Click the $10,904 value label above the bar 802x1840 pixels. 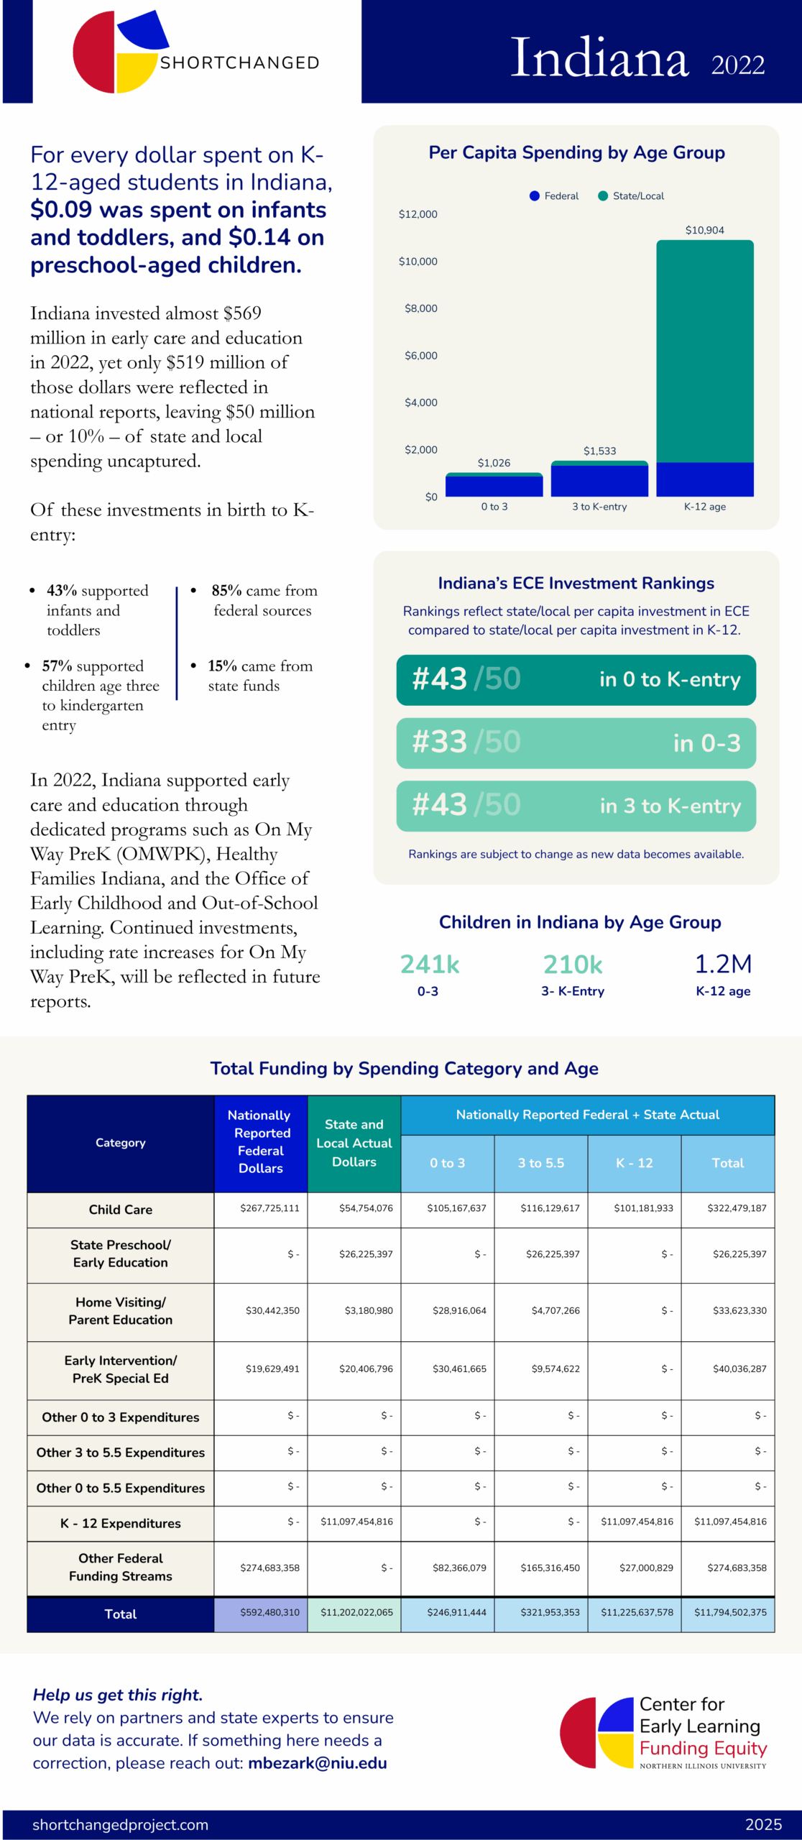click(x=704, y=230)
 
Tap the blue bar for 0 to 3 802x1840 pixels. click(x=494, y=487)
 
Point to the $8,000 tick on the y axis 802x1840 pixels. click(x=420, y=308)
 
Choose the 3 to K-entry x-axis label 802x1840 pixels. click(x=599, y=507)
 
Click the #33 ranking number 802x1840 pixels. click(x=440, y=742)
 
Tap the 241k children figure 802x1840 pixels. click(x=429, y=964)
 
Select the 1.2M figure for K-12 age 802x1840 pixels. click(x=723, y=964)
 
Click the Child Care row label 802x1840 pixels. click(x=120, y=1210)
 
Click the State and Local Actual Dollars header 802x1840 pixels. click(x=354, y=1143)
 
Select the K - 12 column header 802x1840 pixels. click(x=634, y=1163)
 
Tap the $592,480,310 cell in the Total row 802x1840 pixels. click(x=269, y=1612)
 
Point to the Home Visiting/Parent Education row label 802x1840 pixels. click(x=120, y=1311)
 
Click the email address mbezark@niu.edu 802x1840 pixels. click(x=317, y=1763)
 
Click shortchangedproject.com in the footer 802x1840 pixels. click(x=120, y=1824)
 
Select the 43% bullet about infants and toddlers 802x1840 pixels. click(x=97, y=609)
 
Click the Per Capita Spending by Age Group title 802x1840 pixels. click(x=576, y=152)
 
